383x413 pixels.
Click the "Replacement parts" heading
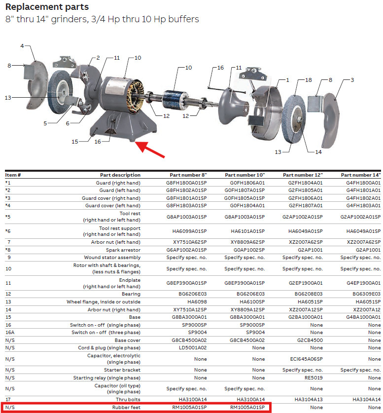click(x=47, y=7)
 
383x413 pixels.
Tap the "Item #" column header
click(x=13, y=175)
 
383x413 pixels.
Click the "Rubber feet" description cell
click(x=126, y=408)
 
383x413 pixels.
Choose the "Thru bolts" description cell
click(x=128, y=399)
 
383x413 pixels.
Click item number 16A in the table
click(x=9, y=333)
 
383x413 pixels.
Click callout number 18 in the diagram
click(x=309, y=79)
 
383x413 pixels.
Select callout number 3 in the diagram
click(x=352, y=79)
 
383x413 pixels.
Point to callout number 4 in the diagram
click(x=22, y=46)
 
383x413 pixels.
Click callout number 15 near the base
click(x=74, y=142)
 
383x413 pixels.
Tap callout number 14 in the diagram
click(x=318, y=152)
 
